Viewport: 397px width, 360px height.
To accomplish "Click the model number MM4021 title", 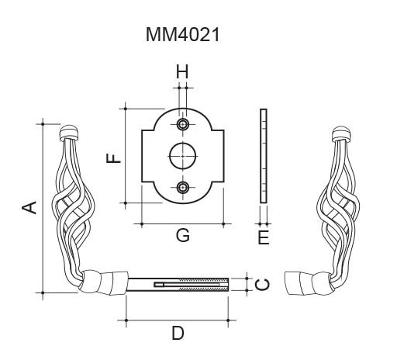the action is point(183,35).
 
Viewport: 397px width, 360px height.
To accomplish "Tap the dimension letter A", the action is point(29,208).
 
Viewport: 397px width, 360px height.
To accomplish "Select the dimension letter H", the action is point(182,71).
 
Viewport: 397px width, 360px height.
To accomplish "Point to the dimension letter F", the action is point(113,158).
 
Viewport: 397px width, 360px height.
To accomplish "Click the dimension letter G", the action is point(183,235).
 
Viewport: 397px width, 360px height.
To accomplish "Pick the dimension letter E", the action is point(264,238).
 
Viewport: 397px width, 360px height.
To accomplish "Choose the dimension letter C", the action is point(262,285).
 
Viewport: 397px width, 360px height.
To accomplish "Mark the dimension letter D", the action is point(178,333).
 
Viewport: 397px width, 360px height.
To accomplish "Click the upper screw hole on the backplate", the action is point(183,124).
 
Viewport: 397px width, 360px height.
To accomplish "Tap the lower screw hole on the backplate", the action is point(183,187).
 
